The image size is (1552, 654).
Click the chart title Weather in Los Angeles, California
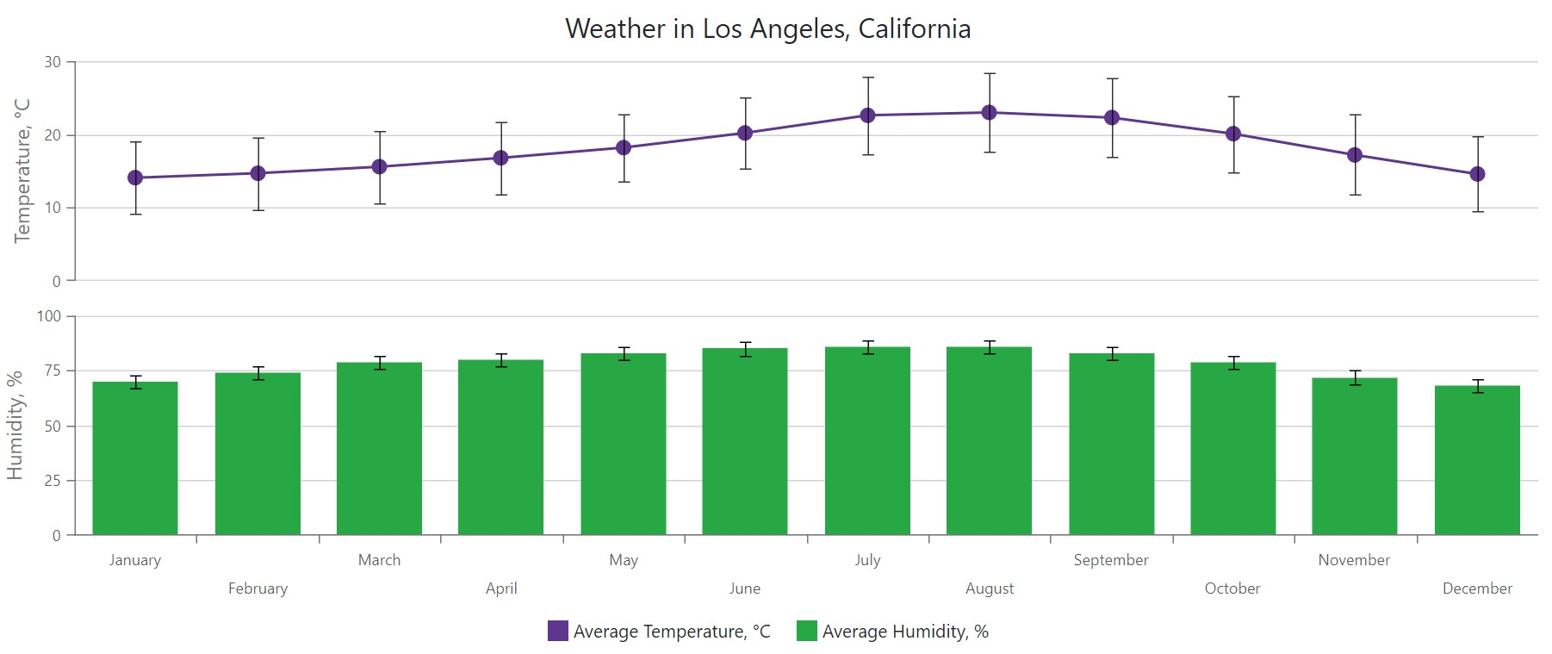click(x=767, y=28)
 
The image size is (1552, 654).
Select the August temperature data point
click(x=990, y=113)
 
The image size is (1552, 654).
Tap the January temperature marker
click(x=135, y=178)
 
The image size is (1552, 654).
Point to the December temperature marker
click(x=1477, y=174)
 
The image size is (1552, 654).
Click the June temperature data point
click(x=745, y=133)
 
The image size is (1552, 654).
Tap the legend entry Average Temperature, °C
click(x=660, y=632)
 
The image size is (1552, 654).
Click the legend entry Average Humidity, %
click(x=893, y=632)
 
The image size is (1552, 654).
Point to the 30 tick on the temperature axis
click(x=53, y=62)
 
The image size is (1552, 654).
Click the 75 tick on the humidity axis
click(x=52, y=371)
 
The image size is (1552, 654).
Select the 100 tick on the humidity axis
click(x=49, y=316)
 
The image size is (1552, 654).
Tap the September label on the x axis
click(x=1111, y=560)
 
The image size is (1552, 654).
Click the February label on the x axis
click(x=258, y=589)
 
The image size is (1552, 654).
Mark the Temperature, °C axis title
click(x=22, y=171)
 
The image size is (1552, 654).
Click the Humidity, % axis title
click(x=15, y=426)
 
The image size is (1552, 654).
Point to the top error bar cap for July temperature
click(x=868, y=78)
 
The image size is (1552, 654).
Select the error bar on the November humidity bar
click(x=1355, y=377)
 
